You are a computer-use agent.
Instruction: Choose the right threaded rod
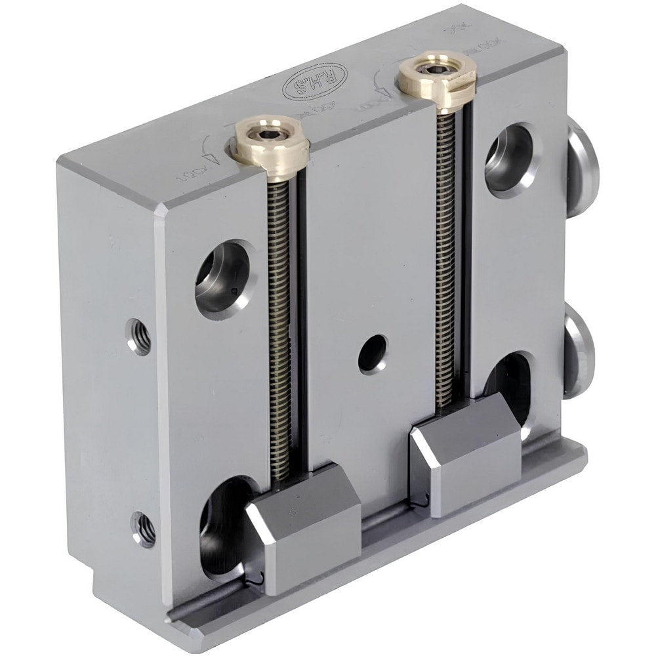pos(447,262)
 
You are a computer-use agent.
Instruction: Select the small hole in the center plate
pos(373,354)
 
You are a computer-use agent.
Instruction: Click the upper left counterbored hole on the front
pos(223,278)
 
